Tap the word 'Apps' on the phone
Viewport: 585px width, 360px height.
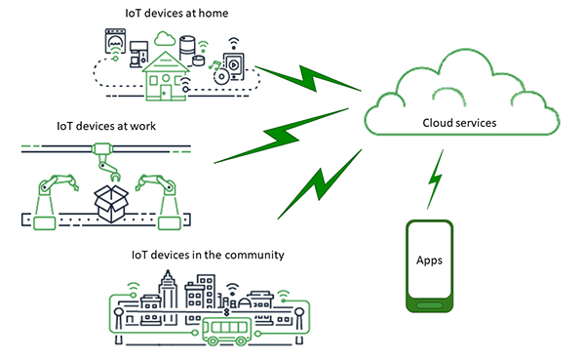point(430,261)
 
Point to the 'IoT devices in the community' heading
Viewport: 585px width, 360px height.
point(208,255)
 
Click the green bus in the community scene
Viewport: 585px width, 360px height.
point(226,327)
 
